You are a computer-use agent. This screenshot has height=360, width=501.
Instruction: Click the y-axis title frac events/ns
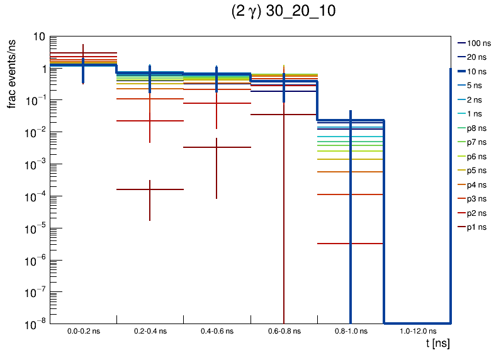click(12, 72)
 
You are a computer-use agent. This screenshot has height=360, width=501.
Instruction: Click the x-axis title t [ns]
click(437, 344)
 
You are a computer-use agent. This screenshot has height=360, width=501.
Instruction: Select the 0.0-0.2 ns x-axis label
click(83, 330)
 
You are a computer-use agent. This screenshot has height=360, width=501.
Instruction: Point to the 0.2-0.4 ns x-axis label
click(150, 330)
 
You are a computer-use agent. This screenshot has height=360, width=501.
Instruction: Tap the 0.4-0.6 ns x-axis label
click(217, 330)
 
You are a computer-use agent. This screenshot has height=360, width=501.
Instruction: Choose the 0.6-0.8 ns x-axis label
click(284, 330)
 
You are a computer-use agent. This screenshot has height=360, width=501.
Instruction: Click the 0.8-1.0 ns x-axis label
click(351, 330)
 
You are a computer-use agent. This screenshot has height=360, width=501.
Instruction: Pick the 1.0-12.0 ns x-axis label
click(417, 330)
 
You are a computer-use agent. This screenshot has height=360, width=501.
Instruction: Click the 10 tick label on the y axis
click(38, 37)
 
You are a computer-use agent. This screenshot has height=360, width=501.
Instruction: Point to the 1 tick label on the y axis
click(42, 69)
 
